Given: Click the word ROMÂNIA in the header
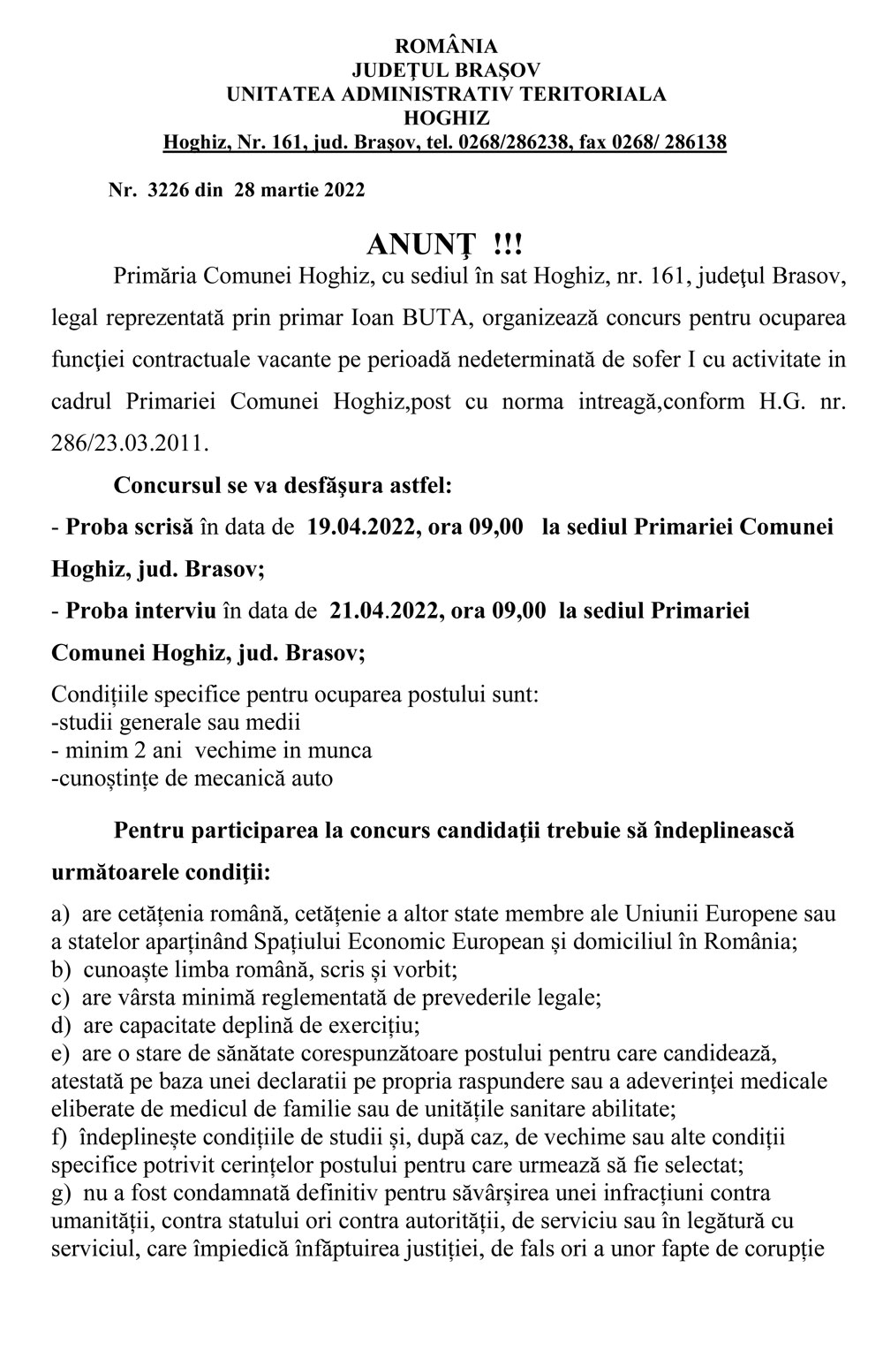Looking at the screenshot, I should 446,47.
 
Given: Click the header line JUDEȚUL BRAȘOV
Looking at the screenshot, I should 446,70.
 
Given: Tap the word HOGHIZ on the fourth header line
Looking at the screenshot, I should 446,118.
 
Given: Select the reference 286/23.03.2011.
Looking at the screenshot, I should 131,442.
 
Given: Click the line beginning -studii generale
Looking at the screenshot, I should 177,722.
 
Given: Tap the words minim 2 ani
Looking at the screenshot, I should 123,750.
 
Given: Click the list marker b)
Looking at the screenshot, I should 62,969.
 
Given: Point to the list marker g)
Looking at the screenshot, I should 62,1194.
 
